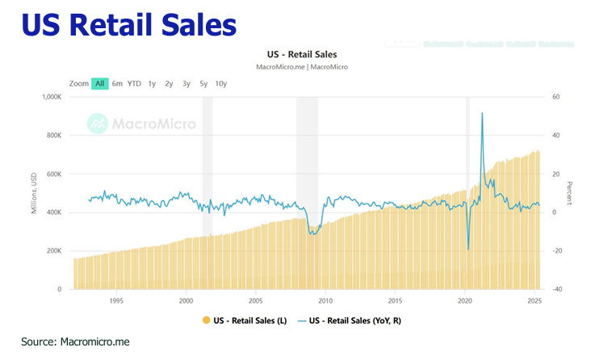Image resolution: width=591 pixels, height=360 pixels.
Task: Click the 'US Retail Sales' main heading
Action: click(x=129, y=24)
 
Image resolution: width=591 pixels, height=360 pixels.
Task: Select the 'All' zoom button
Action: click(x=100, y=83)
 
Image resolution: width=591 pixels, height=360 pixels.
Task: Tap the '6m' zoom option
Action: click(x=118, y=83)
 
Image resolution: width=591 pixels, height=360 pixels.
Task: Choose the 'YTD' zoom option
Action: click(x=134, y=83)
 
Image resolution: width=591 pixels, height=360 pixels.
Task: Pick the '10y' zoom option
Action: click(x=220, y=83)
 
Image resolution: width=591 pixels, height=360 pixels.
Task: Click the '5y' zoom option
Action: click(x=203, y=83)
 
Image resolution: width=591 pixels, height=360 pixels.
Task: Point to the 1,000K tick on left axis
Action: click(x=50, y=97)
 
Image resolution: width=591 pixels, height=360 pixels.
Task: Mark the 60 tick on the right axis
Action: click(x=556, y=97)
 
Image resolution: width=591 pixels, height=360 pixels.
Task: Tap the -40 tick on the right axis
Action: click(x=556, y=289)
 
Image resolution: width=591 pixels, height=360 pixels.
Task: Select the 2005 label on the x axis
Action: click(x=255, y=300)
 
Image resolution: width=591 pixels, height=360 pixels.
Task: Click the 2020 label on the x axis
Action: click(x=464, y=300)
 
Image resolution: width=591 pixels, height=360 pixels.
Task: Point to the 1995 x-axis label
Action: click(x=115, y=300)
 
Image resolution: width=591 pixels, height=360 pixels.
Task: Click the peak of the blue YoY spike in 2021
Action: click(x=482, y=113)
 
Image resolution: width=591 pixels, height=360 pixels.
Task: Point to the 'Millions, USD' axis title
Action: click(x=33, y=192)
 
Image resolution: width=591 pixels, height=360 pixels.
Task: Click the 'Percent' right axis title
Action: click(x=569, y=192)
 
